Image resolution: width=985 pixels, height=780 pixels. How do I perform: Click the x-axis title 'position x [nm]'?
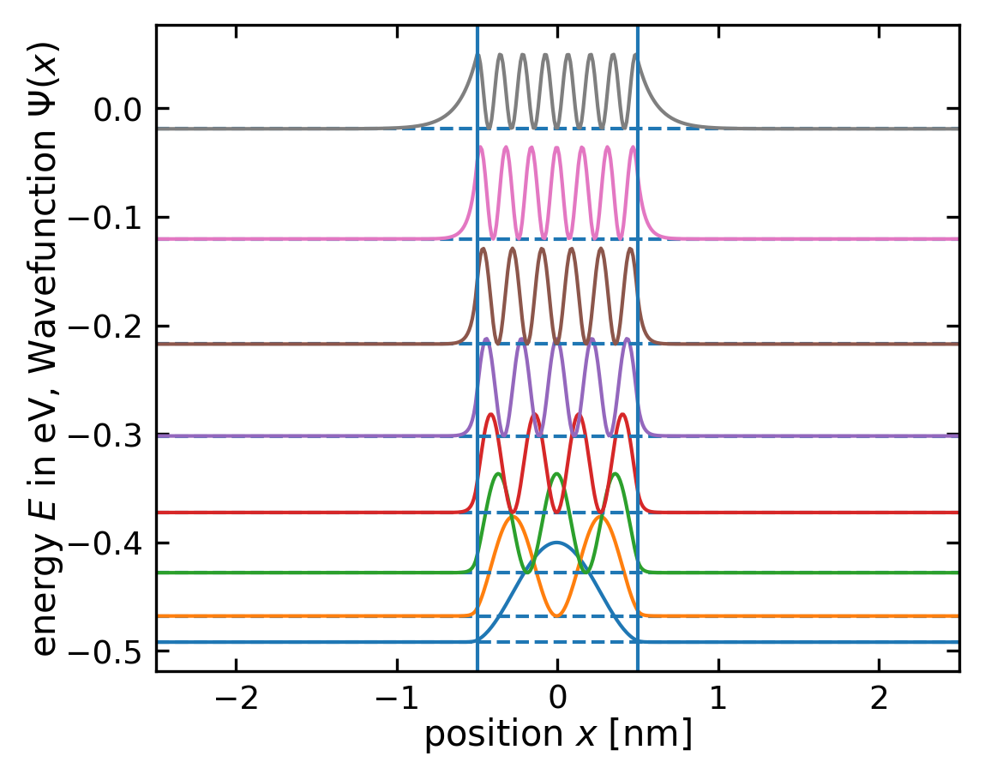coord(557,735)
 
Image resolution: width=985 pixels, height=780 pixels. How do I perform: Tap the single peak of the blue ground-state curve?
coord(557,543)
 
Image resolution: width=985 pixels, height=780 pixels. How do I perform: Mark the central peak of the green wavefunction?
coord(557,473)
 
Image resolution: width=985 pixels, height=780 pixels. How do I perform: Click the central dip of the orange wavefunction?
coord(557,615)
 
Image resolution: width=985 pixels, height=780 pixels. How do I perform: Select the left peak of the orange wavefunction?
coord(514,516)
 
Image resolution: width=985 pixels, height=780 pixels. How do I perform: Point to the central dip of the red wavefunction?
coord(557,512)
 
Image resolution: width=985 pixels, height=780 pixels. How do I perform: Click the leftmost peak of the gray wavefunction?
coord(478,55)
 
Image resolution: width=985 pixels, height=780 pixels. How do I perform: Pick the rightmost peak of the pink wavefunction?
coord(634,147)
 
